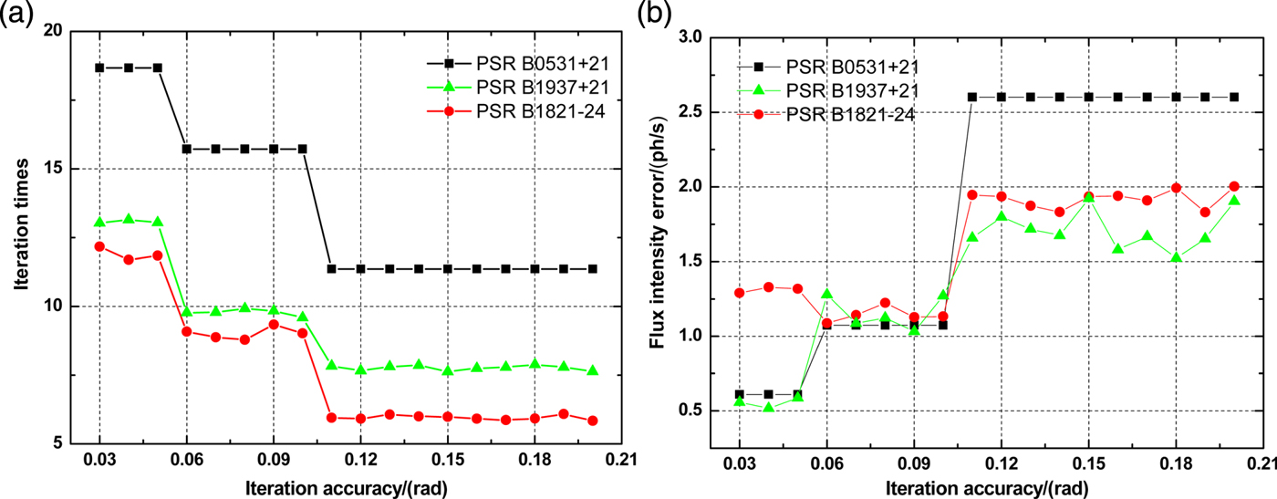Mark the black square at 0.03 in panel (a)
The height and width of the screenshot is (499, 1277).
(99, 68)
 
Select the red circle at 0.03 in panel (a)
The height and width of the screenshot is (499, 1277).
(99, 246)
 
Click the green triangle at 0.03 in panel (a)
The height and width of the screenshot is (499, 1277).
(99, 223)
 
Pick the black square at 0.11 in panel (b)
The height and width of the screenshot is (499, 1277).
(972, 97)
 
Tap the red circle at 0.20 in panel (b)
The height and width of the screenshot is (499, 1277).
(1234, 186)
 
